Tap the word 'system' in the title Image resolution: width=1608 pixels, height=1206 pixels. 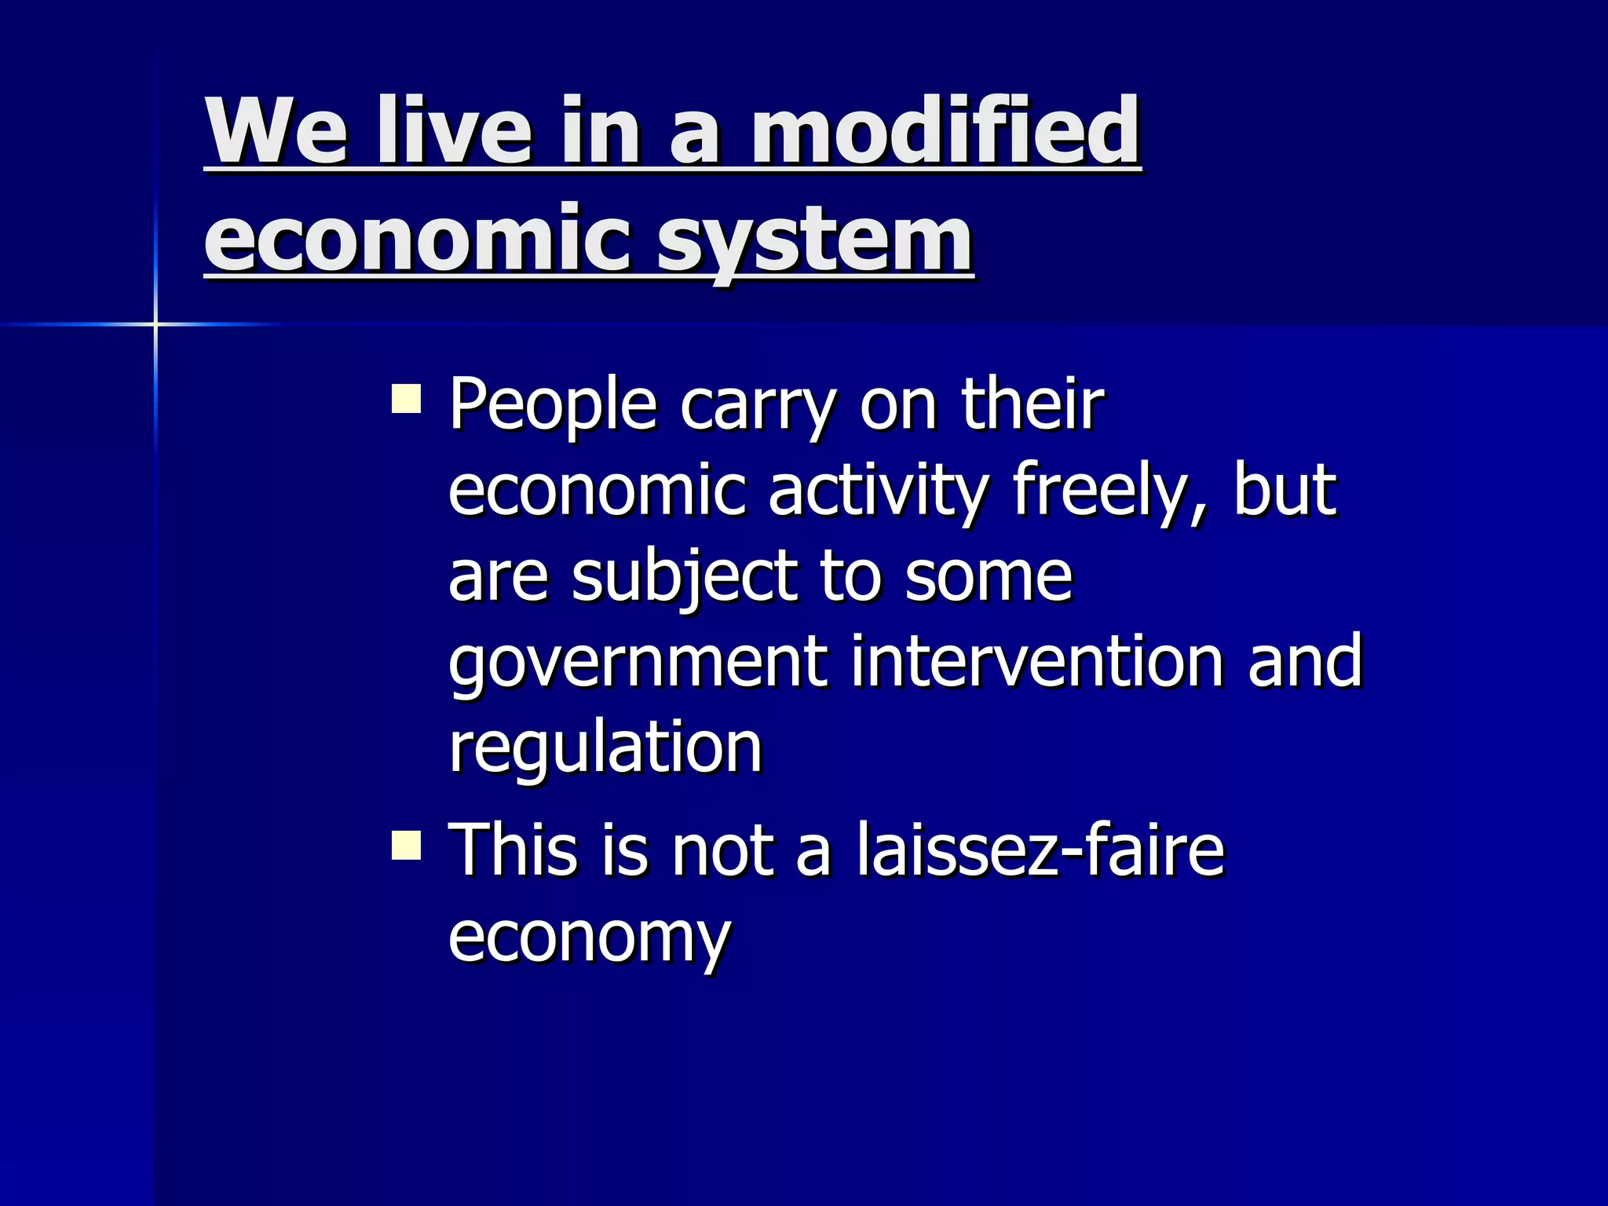[x=815, y=239]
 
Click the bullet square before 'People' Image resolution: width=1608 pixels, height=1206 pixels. [x=407, y=398]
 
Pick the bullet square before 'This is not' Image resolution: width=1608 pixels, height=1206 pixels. [x=407, y=846]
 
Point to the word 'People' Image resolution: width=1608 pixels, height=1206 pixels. [x=553, y=407]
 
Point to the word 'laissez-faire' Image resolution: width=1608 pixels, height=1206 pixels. [x=1040, y=850]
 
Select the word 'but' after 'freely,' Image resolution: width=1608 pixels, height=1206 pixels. [x=1285, y=491]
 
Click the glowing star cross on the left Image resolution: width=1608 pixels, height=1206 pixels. [x=155, y=323]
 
